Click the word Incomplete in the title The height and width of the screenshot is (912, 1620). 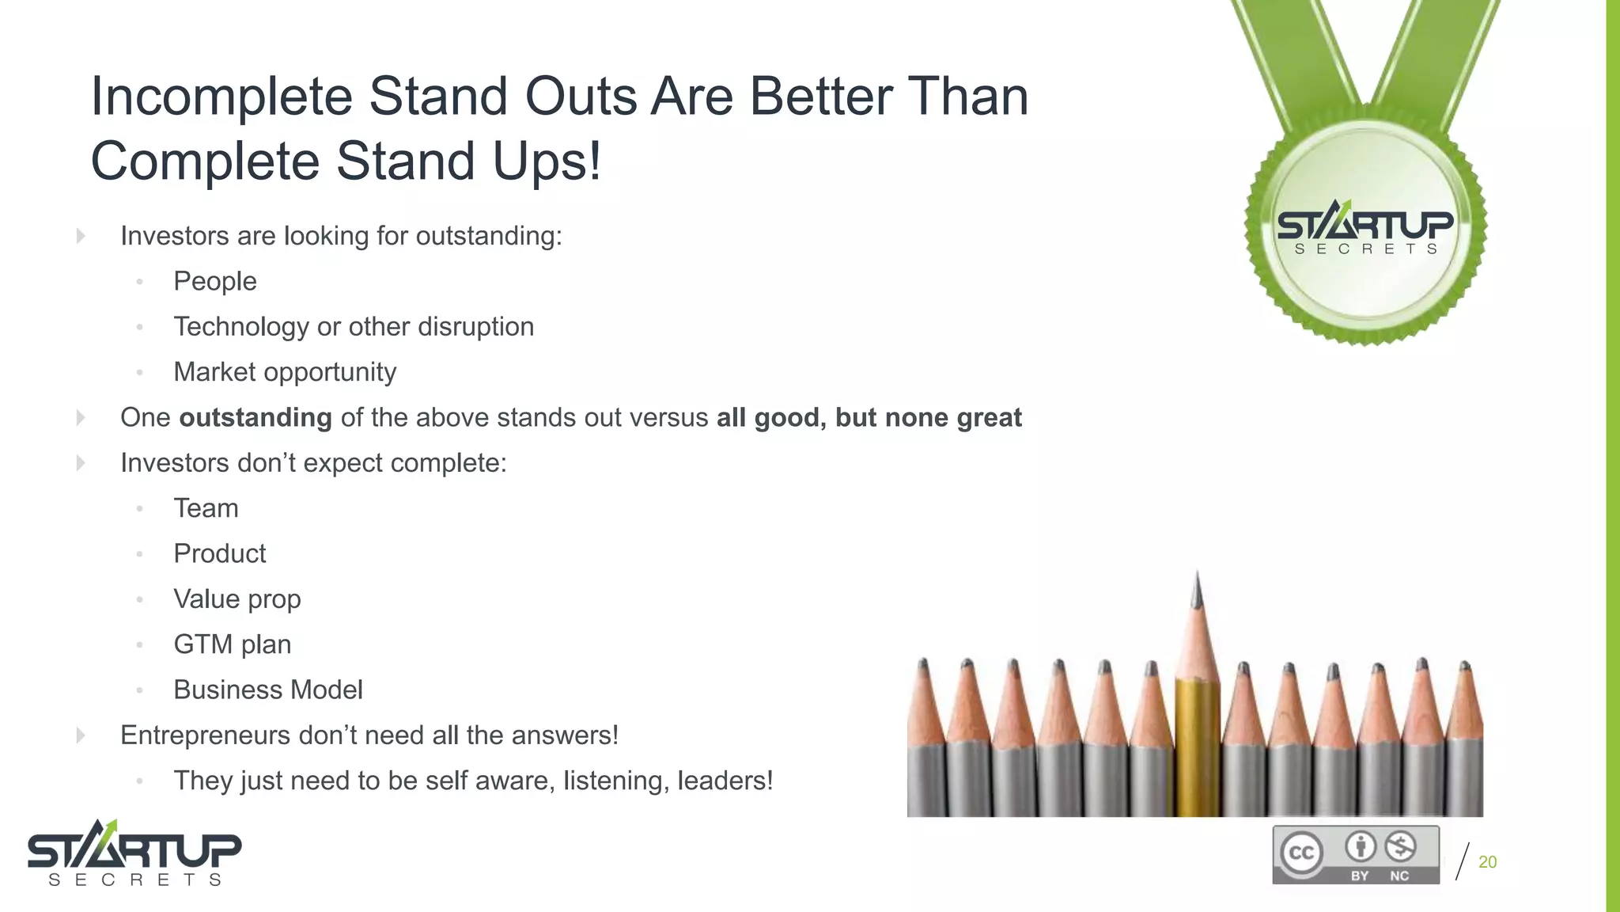tap(221, 98)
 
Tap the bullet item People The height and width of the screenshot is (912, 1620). tap(215, 282)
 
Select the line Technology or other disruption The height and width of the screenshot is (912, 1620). tap(354, 327)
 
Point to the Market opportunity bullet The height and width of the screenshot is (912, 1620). tap(285, 372)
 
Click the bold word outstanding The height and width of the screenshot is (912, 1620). tap(255, 417)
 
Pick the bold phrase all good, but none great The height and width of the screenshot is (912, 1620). tap(869, 417)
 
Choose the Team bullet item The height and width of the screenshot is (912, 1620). tap(206, 508)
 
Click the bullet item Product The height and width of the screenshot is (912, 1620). tap(220, 553)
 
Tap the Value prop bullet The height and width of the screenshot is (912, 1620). tap(237, 599)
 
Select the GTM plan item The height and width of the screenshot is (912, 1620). tap(233, 644)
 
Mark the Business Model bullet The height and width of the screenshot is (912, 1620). tap(268, 690)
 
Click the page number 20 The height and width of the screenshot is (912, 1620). tap(1487, 862)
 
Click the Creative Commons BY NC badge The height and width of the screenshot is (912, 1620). tap(1356, 855)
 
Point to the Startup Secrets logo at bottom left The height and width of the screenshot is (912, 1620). tap(134, 853)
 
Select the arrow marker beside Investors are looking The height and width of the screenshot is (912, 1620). tap(81, 236)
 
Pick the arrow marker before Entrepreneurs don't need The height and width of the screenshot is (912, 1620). tap(81, 735)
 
